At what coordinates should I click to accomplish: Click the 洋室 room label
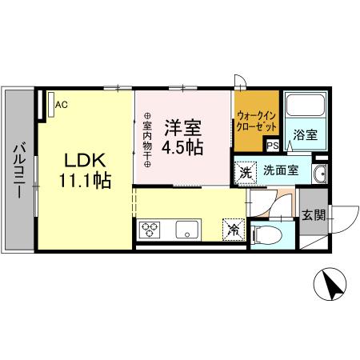[183, 128]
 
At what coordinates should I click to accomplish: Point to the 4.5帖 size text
[183, 147]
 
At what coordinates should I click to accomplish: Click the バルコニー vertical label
[18, 170]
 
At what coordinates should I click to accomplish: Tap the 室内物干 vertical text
[147, 141]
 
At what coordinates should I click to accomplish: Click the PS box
[272, 145]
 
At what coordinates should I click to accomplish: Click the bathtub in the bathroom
[305, 109]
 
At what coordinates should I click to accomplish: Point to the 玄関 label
[314, 214]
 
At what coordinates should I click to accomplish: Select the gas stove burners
[152, 230]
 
